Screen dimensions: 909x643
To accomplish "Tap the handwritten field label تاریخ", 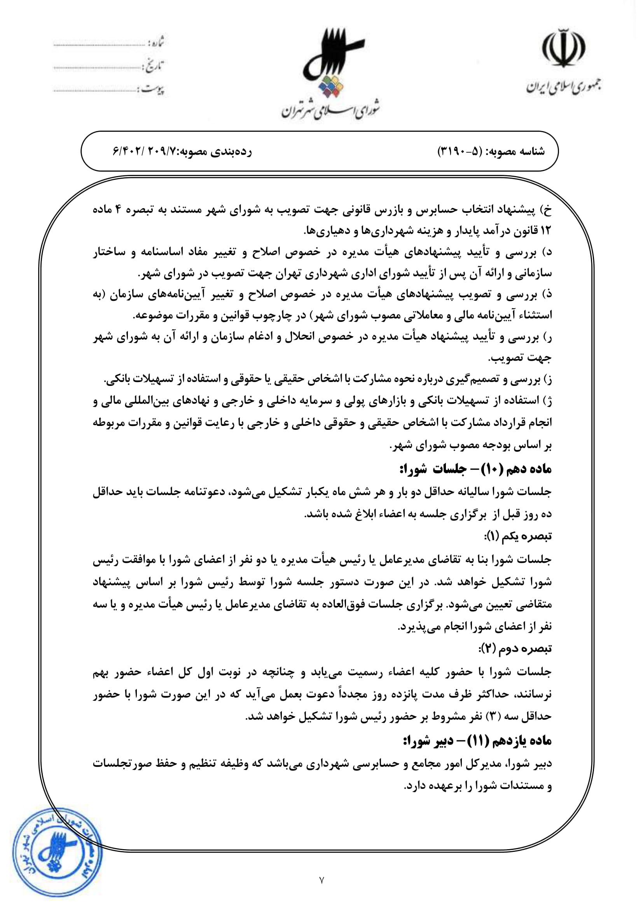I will tap(155, 66).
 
